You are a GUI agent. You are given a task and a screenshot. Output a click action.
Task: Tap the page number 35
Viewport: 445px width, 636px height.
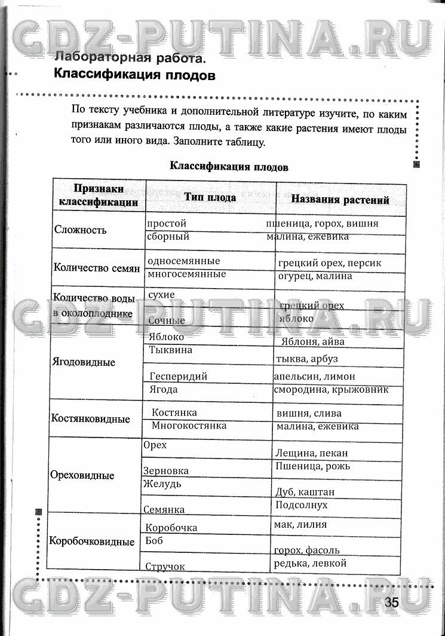(x=392, y=602)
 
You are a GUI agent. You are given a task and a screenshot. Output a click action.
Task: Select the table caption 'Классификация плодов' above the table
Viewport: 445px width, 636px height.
(x=229, y=167)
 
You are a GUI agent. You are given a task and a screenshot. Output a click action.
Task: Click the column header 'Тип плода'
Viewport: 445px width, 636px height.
(x=210, y=197)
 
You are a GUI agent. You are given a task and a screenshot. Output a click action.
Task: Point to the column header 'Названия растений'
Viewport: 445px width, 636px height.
(x=340, y=200)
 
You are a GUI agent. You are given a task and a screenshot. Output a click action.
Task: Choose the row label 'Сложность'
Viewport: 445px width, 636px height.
(x=81, y=230)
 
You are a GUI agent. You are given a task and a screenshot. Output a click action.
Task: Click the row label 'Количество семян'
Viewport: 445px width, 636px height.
(x=97, y=268)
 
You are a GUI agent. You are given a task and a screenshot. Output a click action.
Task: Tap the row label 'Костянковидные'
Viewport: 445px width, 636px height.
(x=91, y=419)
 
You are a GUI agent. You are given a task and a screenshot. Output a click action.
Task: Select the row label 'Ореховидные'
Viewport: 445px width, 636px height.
(x=82, y=476)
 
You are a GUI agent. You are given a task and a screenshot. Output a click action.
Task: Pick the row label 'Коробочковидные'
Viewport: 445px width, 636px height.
(x=92, y=542)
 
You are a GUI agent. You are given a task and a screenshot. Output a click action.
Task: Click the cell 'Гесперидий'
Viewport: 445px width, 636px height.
(x=179, y=377)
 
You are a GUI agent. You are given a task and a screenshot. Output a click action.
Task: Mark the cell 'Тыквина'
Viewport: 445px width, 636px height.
(x=171, y=350)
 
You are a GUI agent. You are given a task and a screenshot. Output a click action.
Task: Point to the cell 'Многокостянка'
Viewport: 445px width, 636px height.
(x=189, y=426)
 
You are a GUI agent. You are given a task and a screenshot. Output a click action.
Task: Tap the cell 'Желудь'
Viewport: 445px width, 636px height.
(x=162, y=484)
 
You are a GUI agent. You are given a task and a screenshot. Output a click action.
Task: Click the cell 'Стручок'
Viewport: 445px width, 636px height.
(x=165, y=566)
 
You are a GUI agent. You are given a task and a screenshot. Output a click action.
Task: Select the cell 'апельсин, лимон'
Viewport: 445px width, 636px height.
(x=314, y=377)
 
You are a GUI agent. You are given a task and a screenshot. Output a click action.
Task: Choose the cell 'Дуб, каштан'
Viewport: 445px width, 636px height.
(x=305, y=493)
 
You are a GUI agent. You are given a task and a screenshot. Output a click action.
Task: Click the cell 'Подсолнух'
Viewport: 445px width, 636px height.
(x=302, y=505)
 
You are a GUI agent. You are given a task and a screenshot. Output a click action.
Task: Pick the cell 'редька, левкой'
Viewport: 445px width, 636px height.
(x=310, y=563)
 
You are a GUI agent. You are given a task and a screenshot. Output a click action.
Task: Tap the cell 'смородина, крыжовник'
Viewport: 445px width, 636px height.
(x=331, y=389)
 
